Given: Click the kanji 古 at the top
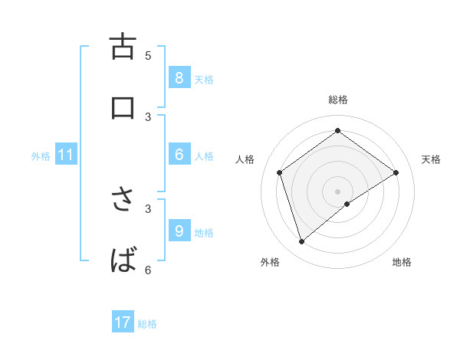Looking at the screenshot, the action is point(122,46).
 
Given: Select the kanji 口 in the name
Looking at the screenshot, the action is point(122,108).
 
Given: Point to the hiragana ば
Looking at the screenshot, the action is point(123,260).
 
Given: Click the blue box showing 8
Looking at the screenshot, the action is point(179,77).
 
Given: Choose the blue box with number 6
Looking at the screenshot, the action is point(179,155).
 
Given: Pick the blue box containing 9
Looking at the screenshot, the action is point(179,231).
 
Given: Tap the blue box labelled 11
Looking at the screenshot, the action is point(65,155).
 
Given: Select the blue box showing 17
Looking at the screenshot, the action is point(122,322).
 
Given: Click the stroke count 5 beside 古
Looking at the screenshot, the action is point(148,55).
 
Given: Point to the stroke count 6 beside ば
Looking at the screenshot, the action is point(148,270).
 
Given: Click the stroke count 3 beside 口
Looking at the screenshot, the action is point(148,116).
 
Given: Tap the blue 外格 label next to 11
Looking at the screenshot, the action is point(41,156).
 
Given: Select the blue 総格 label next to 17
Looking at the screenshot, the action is point(147,324).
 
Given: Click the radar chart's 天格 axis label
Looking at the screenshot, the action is point(431,159).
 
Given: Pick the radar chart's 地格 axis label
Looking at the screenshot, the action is point(402,262).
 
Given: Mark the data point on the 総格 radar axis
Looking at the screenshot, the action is point(337,131).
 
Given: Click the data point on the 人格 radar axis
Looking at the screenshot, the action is point(280,172).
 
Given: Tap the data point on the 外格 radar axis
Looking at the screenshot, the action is point(302,242).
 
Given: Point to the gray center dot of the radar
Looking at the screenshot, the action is point(337,191).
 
